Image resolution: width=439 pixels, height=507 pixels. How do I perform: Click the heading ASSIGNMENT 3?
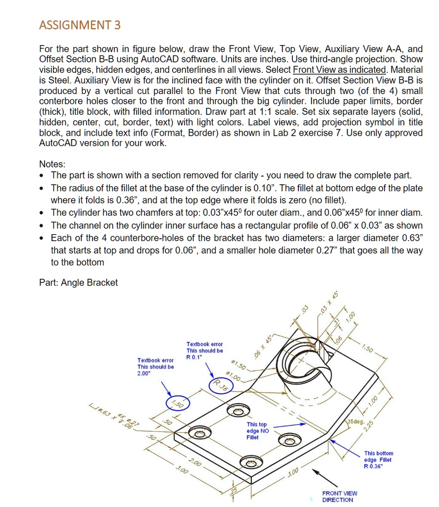tap(80, 25)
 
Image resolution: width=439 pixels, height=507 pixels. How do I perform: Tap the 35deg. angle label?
tap(356, 422)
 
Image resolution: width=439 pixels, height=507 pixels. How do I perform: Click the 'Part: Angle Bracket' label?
tap(78, 283)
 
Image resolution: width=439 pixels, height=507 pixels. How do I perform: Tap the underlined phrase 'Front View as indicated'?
tap(340, 70)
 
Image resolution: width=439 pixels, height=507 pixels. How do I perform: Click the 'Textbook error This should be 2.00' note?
tap(155, 367)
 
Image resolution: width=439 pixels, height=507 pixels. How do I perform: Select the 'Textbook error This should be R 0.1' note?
tap(204, 350)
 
